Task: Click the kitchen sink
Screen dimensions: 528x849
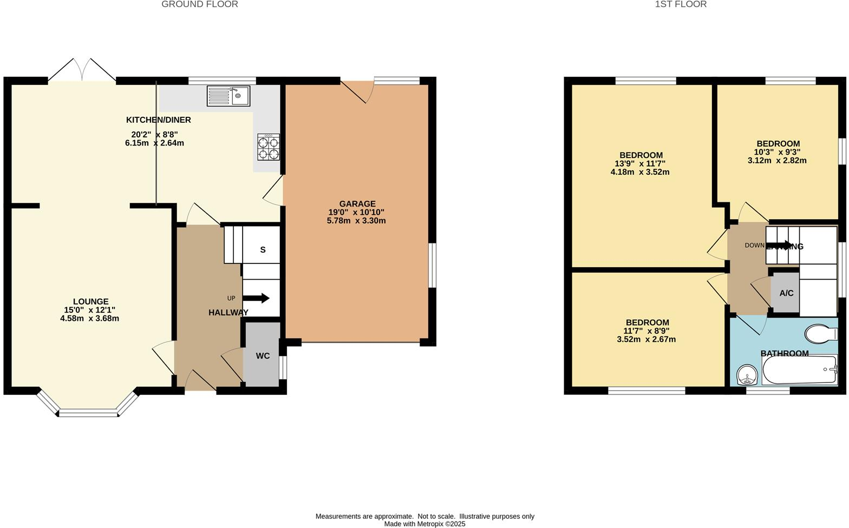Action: pos(228,96)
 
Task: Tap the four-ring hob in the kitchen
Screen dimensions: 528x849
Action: pos(269,147)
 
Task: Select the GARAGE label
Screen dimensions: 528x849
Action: pos(357,204)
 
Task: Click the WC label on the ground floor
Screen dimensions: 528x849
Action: pos(263,356)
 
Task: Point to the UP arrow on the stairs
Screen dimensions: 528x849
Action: pos(257,298)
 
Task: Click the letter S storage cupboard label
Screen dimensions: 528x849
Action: pos(263,250)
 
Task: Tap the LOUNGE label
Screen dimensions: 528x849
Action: pos(91,301)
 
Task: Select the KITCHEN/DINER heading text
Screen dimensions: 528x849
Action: pos(158,120)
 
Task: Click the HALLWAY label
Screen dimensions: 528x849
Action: pos(228,312)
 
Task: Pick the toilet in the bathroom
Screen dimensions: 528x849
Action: pos(821,334)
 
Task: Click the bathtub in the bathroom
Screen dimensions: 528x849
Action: pos(799,370)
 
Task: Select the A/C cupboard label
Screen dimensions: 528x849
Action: pos(786,293)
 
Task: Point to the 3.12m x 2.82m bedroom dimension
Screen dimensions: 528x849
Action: pos(777,160)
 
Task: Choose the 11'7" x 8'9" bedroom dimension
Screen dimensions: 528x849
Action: pos(646,331)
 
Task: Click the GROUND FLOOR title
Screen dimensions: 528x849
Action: pos(200,4)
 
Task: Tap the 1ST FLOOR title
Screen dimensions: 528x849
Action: pos(681,4)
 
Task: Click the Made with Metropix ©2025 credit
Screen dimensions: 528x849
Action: pos(424,524)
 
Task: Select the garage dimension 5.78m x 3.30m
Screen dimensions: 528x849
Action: pos(356,221)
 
